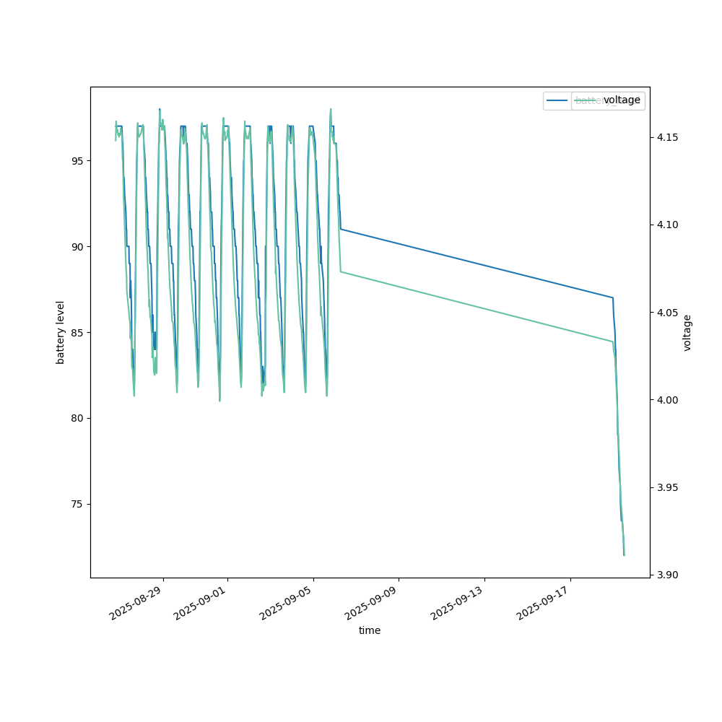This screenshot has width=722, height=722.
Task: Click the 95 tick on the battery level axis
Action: [74, 160]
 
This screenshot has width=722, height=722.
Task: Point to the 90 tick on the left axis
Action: [74, 246]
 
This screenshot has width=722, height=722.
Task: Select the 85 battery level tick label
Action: [74, 332]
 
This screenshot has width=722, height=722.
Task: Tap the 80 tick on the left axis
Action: [74, 418]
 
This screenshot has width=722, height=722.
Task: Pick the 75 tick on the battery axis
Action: [74, 504]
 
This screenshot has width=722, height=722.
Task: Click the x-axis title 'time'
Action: [370, 630]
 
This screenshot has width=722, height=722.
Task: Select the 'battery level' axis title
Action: [61, 332]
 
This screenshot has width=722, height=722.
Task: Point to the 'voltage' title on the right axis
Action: [687, 332]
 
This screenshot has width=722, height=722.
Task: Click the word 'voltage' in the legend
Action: [622, 100]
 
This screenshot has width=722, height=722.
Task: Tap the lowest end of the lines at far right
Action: [624, 554]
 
